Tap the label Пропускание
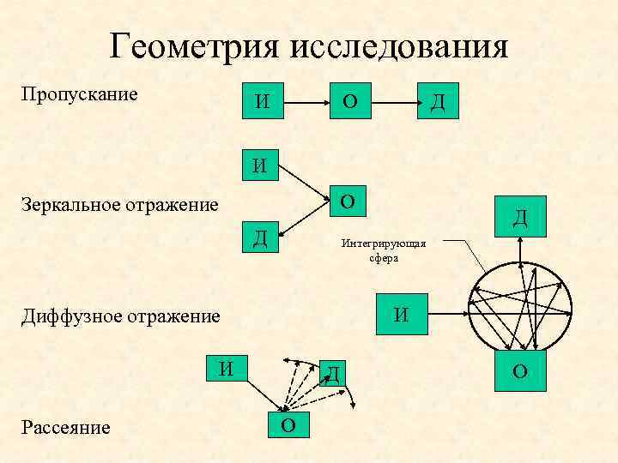point(79,93)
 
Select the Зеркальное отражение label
point(120,205)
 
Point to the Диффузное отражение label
point(121,316)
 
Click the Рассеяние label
point(66,427)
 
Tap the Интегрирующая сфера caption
point(384,250)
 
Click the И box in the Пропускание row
point(263,102)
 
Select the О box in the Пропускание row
point(350,102)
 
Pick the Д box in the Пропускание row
point(438,102)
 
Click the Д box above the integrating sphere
point(520,218)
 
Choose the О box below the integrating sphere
point(520,370)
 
